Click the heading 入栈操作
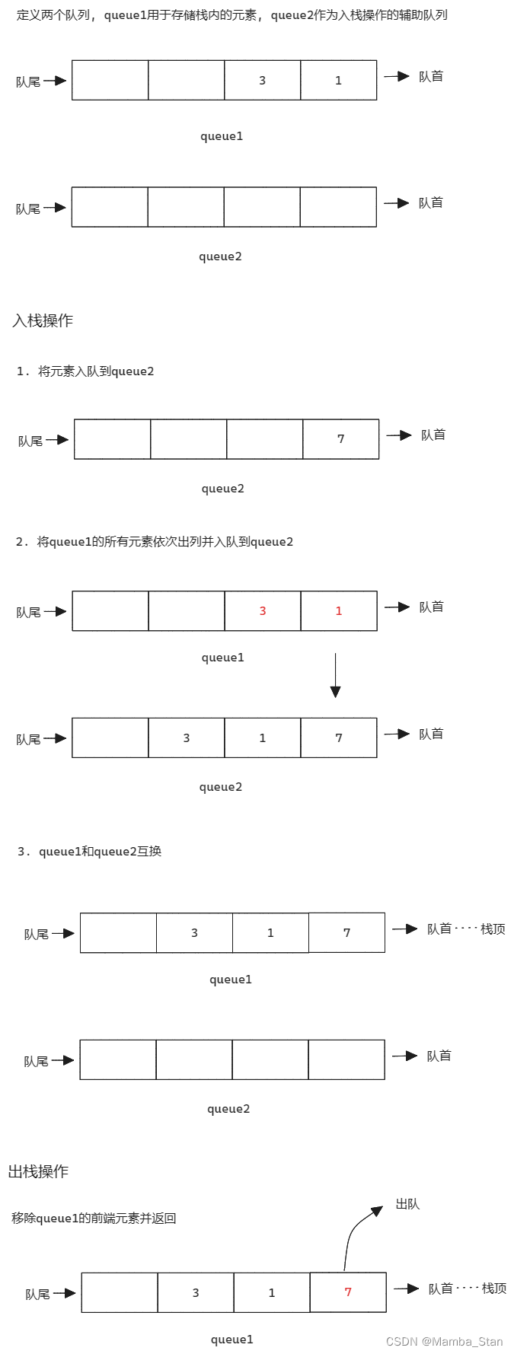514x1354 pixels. tap(43, 320)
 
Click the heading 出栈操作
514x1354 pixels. tap(39, 1171)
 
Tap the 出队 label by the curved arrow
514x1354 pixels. tap(407, 1204)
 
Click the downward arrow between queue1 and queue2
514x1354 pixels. tap(335, 675)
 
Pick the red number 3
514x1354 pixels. tap(263, 611)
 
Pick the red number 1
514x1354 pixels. tap(339, 611)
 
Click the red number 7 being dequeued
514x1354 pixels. tap(348, 1292)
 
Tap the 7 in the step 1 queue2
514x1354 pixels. tap(340, 439)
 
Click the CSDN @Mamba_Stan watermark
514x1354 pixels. tap(444, 1342)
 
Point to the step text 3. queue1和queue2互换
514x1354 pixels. tap(90, 852)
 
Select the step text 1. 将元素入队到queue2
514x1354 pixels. tap(85, 371)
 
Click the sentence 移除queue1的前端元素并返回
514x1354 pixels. tap(94, 1218)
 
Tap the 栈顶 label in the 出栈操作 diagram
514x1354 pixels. tap(494, 1289)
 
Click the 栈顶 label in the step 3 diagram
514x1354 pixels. tap(493, 929)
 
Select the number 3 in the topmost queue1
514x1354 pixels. tap(263, 81)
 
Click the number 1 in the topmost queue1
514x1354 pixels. tap(339, 81)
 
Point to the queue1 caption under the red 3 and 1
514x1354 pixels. tap(223, 658)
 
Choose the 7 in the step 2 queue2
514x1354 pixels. tap(339, 738)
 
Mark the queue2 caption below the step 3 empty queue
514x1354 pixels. tap(228, 1109)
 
